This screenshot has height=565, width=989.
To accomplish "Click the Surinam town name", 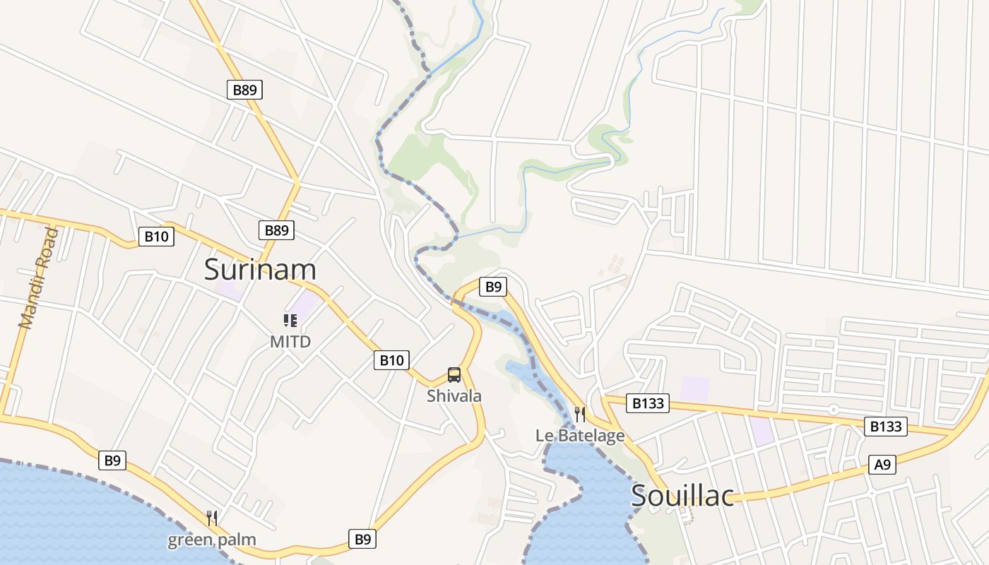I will point(260,270).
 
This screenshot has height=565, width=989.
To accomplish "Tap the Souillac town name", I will point(682,495).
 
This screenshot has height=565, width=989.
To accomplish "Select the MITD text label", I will point(290,342).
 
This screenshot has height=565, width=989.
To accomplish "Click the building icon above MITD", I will point(290,321).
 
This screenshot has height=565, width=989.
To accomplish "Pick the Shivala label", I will point(454,395).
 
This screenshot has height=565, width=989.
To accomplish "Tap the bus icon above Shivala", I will point(454,375).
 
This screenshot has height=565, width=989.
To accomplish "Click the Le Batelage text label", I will point(580,435).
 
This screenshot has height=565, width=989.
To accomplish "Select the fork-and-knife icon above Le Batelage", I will point(580,414).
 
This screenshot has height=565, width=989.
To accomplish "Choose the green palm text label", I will point(212,540).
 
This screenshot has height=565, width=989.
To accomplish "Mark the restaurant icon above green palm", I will point(212,518).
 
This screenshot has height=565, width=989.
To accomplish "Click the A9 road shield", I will point(882,464).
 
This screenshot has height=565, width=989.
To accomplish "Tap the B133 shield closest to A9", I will point(886,426).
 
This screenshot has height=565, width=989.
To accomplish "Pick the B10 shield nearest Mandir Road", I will point(156,236).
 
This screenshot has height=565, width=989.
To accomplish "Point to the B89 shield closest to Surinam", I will point(276,230).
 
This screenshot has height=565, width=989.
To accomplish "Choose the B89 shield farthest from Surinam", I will point(244,89).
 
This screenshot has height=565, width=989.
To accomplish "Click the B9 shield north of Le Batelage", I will point(493,286).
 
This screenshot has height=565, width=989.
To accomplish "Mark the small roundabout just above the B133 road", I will point(834,409).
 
